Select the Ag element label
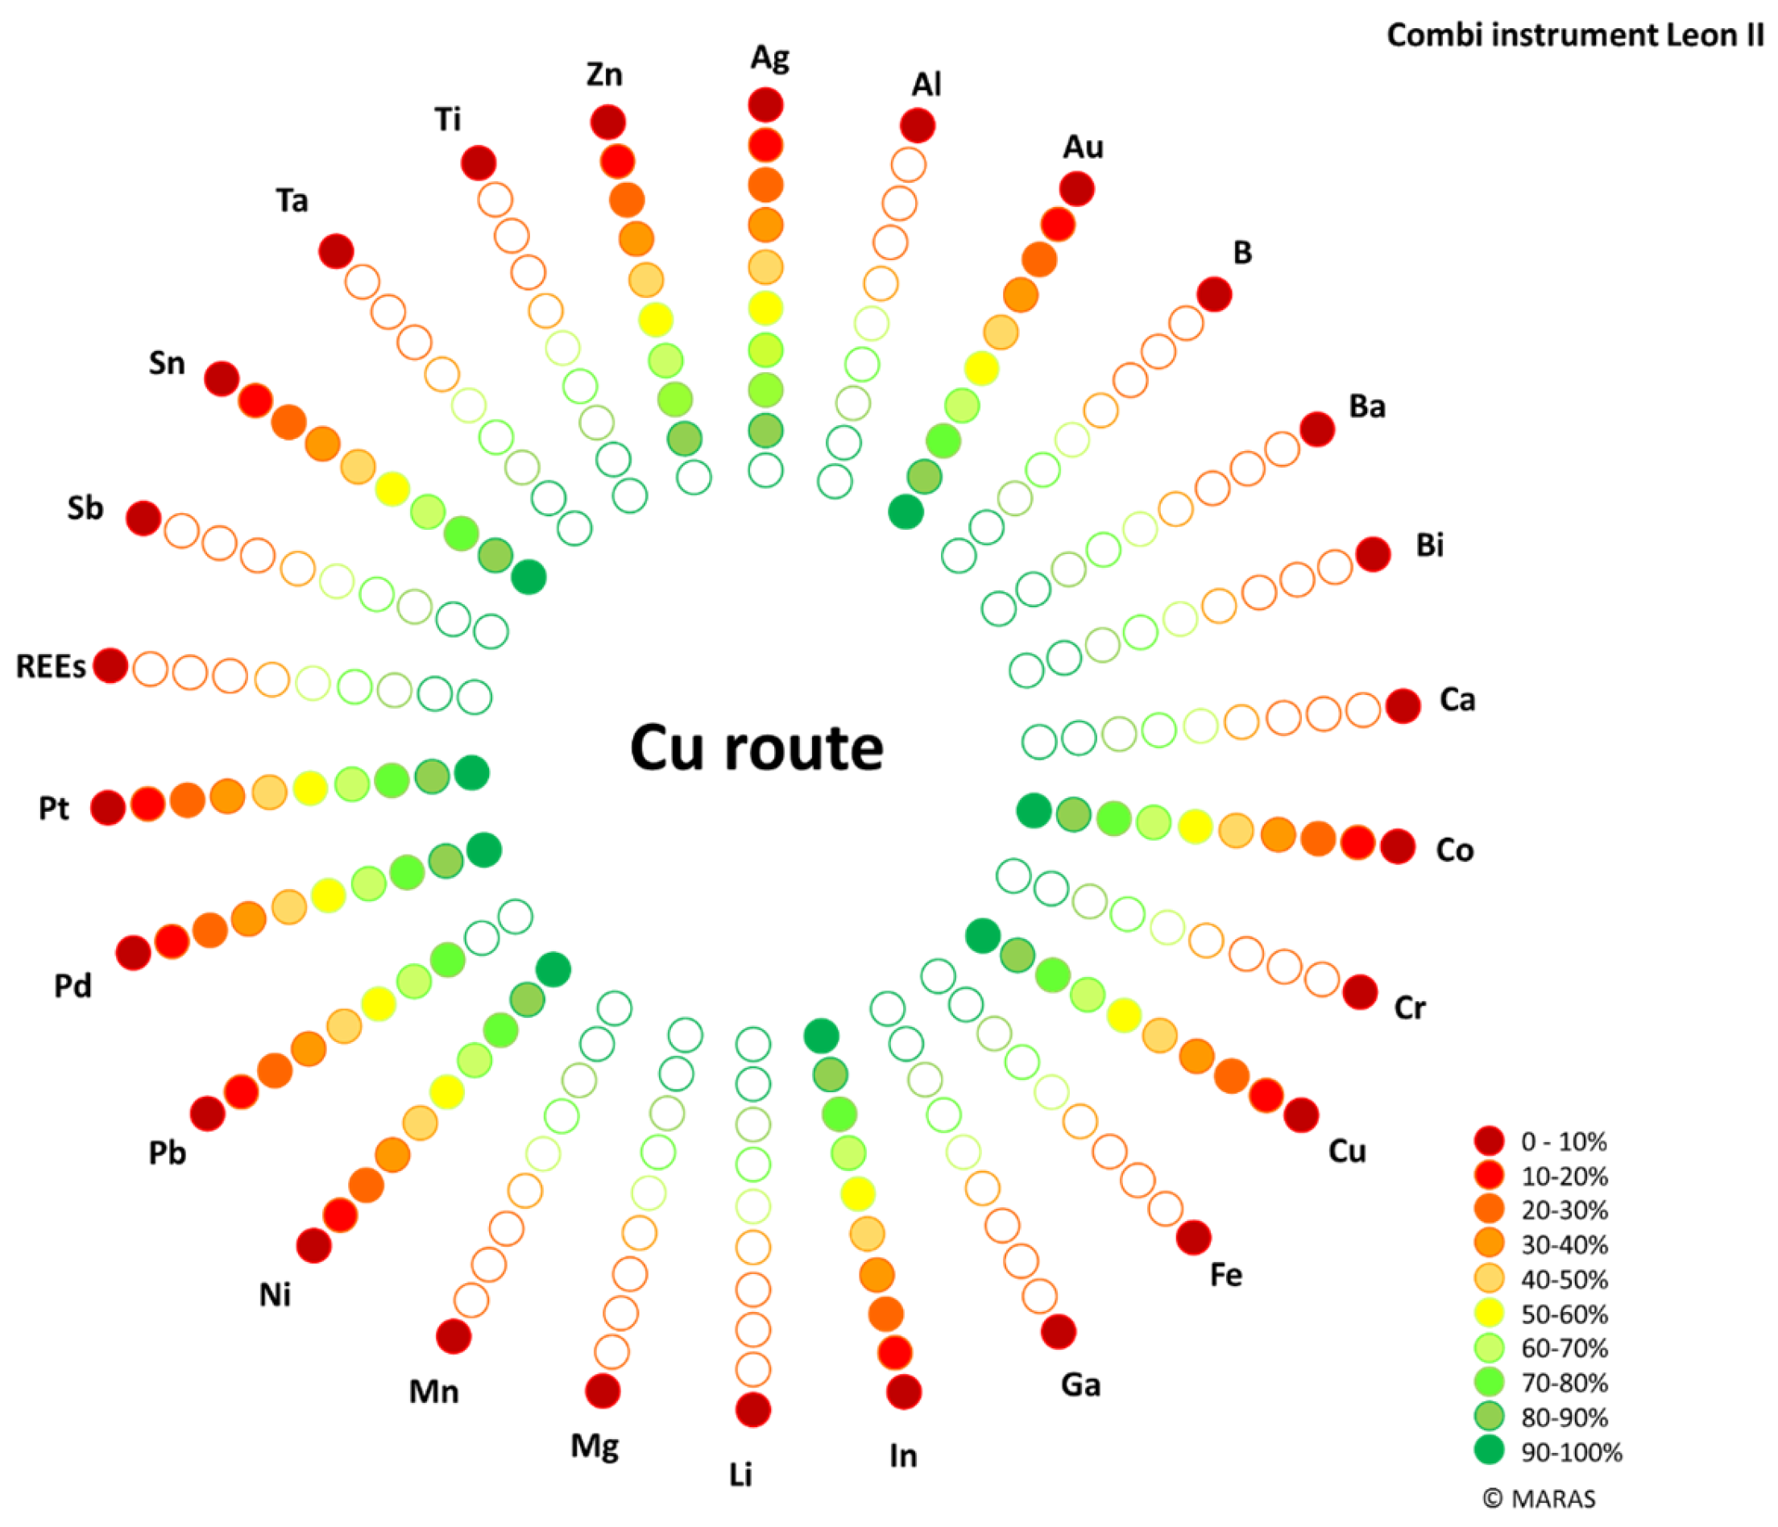click(x=769, y=57)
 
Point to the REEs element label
click(x=51, y=667)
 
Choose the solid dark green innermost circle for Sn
click(x=528, y=577)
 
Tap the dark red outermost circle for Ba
click(x=1316, y=429)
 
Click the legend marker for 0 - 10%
click(x=1489, y=1141)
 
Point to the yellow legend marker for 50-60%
click(x=1489, y=1314)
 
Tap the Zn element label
click(x=604, y=75)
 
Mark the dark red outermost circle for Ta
click(x=335, y=251)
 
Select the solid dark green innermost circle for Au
click(x=906, y=512)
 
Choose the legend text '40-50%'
click(x=1565, y=1279)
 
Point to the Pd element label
click(x=73, y=987)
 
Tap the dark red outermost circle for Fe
click(x=1193, y=1237)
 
